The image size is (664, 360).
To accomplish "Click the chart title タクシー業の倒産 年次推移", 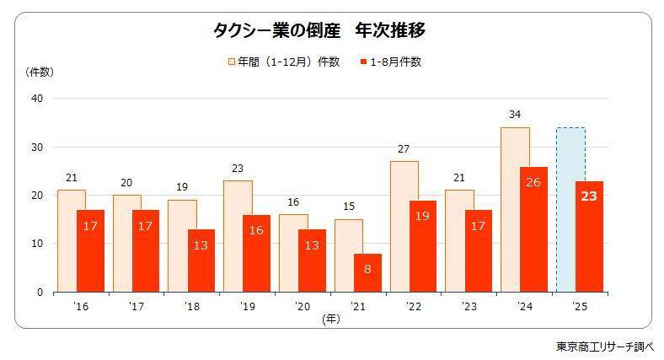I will pyautogui.click(x=319, y=32).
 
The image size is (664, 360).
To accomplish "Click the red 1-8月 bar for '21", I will pyautogui.click(x=367, y=272).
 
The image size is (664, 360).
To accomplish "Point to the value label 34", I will pyautogui.click(x=515, y=114).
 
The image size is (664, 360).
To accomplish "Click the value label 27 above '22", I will pyautogui.click(x=404, y=149).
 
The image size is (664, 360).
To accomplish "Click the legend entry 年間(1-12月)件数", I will pyautogui.click(x=283, y=62).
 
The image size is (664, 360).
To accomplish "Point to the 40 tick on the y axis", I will pyautogui.click(x=36, y=99).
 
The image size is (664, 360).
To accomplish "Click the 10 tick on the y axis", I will pyautogui.click(x=36, y=244).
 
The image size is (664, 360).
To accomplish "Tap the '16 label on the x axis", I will pyautogui.click(x=81, y=306).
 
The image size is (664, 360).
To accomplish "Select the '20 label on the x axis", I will pyautogui.click(x=302, y=306).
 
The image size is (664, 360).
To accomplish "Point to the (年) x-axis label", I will pyautogui.click(x=330, y=318).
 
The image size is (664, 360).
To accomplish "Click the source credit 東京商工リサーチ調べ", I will pyautogui.click(x=604, y=346).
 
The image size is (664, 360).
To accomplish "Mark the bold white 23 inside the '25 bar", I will pyautogui.click(x=588, y=197).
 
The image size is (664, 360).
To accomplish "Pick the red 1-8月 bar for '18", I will pyautogui.click(x=201, y=261).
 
